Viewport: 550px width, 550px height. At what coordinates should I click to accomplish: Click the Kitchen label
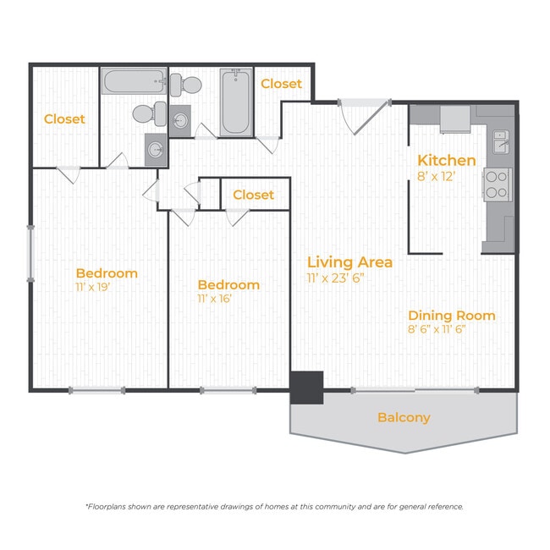447,161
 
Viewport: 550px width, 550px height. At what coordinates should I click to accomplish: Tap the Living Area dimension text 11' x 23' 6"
335,278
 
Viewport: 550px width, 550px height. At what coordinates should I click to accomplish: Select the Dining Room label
452,316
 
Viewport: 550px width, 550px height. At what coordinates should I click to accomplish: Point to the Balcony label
404,418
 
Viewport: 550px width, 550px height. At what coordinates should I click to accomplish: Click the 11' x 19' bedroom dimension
93,288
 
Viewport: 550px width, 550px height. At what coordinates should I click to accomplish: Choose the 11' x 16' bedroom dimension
215,299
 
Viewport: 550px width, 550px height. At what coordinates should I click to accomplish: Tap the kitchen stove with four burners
498,184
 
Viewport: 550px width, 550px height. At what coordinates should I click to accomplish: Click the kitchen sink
501,141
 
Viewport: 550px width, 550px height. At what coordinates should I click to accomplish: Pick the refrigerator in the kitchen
455,119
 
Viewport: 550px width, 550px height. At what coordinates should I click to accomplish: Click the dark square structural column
306,388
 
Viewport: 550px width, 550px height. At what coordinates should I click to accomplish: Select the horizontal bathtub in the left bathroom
135,81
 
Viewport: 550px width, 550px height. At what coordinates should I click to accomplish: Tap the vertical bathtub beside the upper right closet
236,102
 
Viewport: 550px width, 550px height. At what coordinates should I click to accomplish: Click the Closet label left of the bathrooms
64,119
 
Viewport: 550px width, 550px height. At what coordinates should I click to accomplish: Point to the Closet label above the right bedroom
254,195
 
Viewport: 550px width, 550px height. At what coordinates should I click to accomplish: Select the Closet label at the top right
281,84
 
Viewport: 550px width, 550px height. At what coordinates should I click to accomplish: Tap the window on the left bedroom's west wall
30,254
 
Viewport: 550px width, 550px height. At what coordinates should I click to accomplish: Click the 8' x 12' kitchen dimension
436,177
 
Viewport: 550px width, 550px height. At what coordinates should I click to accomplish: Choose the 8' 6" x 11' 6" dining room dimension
437,329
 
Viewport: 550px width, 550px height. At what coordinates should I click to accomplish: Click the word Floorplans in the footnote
105,507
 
